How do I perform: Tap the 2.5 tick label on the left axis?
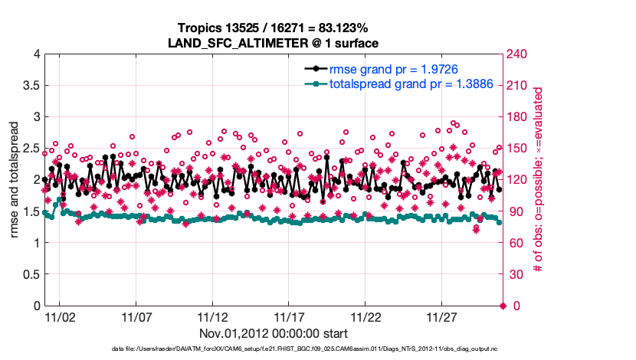pos(29,149)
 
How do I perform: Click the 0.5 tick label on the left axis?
pos(29,275)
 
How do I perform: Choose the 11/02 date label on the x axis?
pos(60,317)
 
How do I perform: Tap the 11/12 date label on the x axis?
pos(213,317)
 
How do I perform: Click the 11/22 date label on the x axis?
pos(366,317)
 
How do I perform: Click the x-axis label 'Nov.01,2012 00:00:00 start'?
pos(274,333)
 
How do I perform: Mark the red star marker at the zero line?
pos(503,306)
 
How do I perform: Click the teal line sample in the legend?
pos(312,83)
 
